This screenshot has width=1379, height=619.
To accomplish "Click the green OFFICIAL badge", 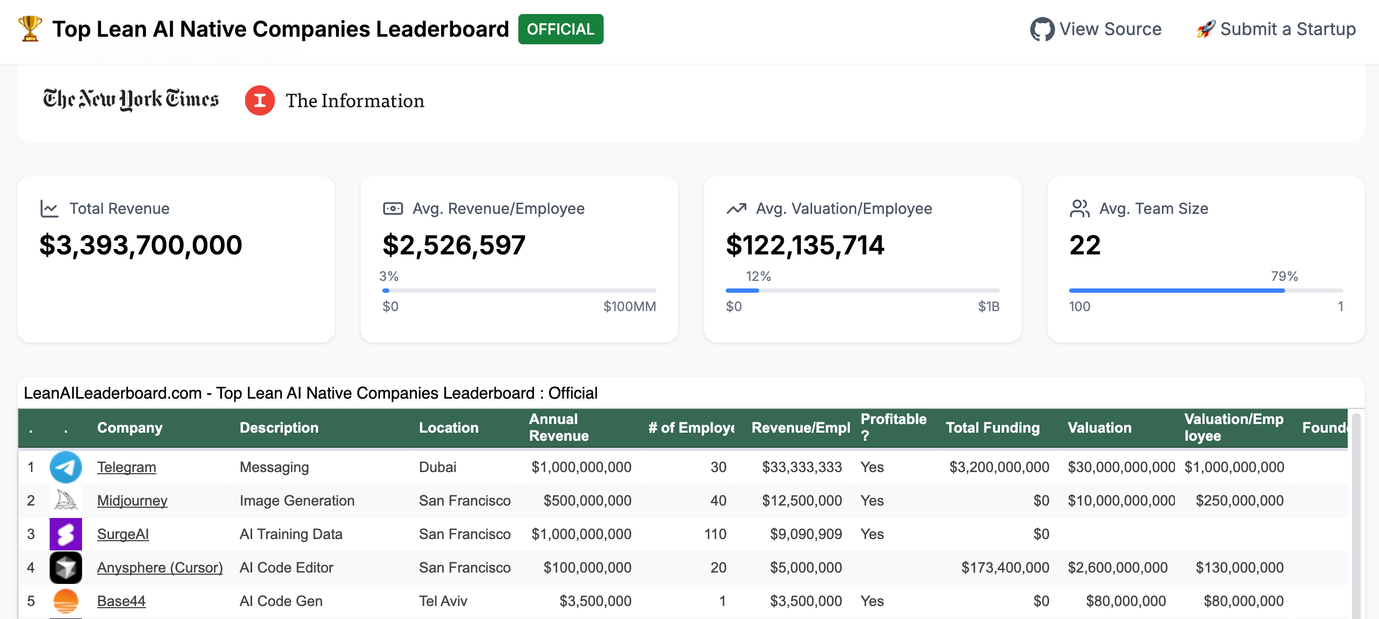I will click(x=560, y=29).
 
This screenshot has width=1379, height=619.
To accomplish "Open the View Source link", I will click(x=1096, y=29).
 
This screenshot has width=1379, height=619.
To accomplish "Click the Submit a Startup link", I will click(x=1276, y=29).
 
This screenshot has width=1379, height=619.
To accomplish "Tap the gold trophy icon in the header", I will click(x=30, y=28).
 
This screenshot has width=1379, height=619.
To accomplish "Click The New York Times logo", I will click(x=131, y=100).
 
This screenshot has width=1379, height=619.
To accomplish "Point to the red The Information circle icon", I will click(x=260, y=100).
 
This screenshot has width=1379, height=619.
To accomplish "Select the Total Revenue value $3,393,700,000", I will click(x=141, y=245).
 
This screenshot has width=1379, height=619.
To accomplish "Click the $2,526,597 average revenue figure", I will click(x=454, y=245).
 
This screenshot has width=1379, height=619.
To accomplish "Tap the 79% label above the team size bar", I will click(x=1284, y=277).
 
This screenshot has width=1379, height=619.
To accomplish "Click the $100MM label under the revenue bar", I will click(x=629, y=307).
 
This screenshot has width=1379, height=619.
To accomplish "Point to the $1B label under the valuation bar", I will click(x=988, y=307).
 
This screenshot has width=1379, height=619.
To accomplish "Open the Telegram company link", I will click(x=126, y=467).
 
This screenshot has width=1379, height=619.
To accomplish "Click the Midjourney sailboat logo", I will click(x=66, y=501).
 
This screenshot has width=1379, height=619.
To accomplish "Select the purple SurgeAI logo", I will click(x=66, y=534).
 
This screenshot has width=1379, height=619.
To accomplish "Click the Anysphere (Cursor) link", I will click(x=160, y=568).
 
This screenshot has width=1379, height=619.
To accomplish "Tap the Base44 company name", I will click(x=121, y=601).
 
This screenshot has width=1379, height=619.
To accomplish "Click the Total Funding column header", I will click(x=992, y=428).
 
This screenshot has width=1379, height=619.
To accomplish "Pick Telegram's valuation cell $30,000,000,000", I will click(x=1121, y=467).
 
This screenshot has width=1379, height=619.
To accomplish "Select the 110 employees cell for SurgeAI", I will click(x=715, y=534).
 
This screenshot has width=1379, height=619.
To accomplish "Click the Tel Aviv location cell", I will click(x=443, y=601).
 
